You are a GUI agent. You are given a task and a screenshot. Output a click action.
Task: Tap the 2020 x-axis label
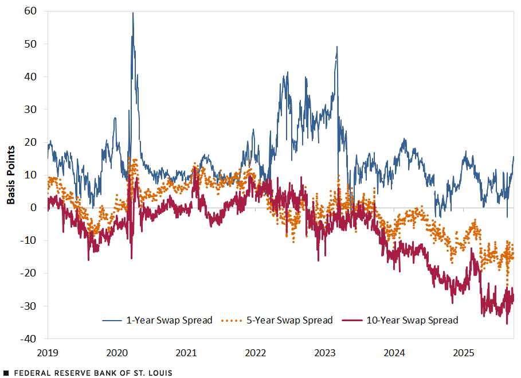[x=117, y=351]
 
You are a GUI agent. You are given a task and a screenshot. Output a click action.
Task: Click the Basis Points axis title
[x=11, y=175]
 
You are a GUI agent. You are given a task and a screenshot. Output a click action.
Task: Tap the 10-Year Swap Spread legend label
[x=412, y=320]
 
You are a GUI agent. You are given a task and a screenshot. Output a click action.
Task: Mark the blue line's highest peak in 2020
[x=133, y=13]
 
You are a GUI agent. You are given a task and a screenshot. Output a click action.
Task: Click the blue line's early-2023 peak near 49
[x=337, y=47]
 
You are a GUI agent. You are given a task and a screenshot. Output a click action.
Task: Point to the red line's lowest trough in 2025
[x=507, y=324]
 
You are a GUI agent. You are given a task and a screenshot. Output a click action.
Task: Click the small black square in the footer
[x=6, y=373]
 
